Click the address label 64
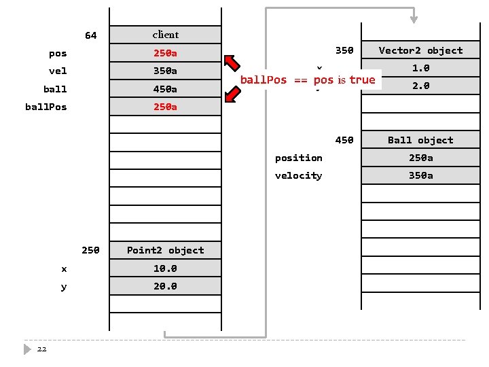click(x=90, y=35)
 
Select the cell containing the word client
click(x=165, y=35)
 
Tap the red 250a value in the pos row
click(x=165, y=53)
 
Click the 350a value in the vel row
click(x=165, y=71)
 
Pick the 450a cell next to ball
click(x=165, y=89)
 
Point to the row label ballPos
click(x=46, y=107)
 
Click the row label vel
click(x=58, y=71)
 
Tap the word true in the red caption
click(x=362, y=80)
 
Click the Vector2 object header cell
click(x=420, y=50)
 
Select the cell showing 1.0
click(x=420, y=68)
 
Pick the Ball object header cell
click(x=420, y=140)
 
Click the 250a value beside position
click(x=420, y=158)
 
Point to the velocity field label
click(x=298, y=175)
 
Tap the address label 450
click(x=344, y=140)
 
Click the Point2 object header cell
click(x=165, y=250)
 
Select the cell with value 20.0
click(x=165, y=286)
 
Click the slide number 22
click(x=42, y=349)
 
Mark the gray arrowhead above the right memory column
click(x=414, y=18)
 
